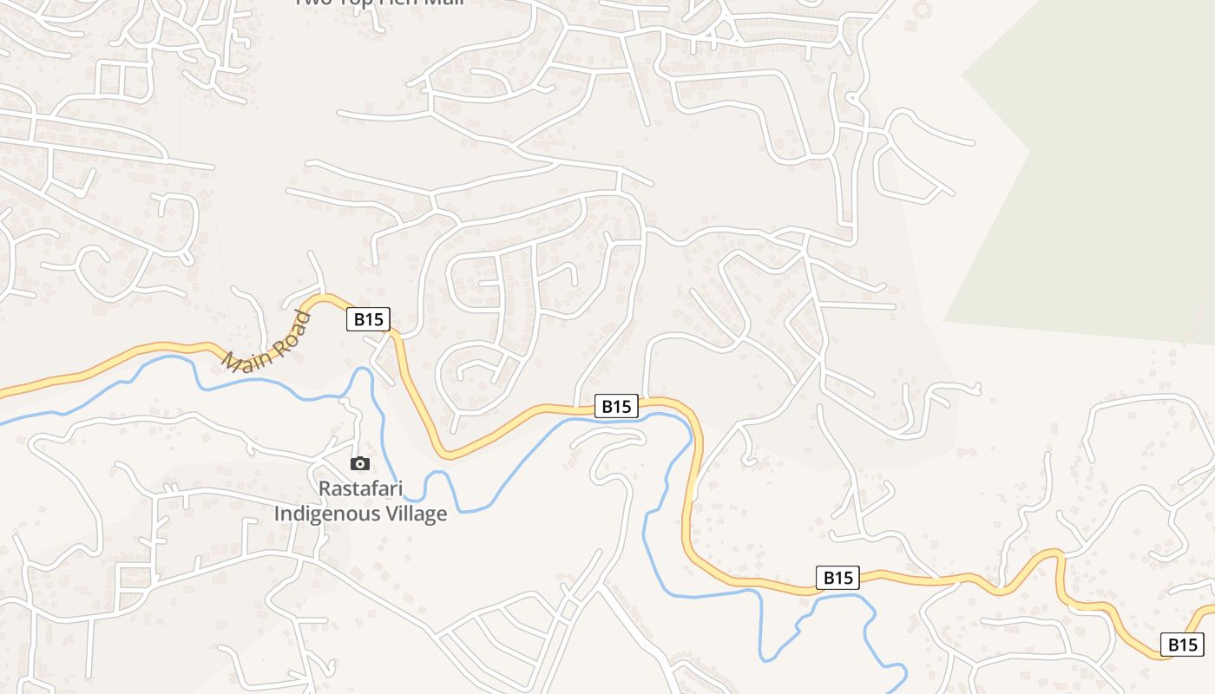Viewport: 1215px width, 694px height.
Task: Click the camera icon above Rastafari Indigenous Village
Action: pyautogui.click(x=360, y=464)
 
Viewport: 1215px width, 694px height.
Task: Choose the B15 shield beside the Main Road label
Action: pyautogui.click(x=369, y=319)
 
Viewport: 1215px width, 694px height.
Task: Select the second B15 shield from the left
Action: pyautogui.click(x=617, y=406)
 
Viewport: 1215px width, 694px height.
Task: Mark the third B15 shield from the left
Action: pyautogui.click(x=837, y=577)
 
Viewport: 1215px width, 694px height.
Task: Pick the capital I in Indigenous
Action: pyautogui.click(x=278, y=514)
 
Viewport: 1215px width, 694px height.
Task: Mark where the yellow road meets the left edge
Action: pyautogui.click(x=2, y=393)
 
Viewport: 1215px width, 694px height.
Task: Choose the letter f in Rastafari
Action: pyautogui.click(x=376, y=488)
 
